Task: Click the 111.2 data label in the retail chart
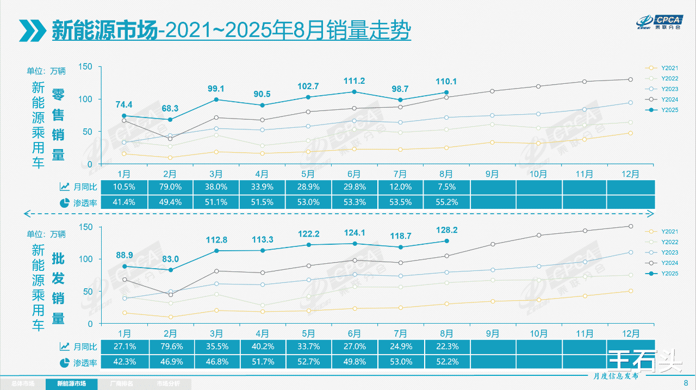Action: (354, 81)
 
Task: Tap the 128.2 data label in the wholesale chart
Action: (446, 230)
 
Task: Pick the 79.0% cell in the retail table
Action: (170, 187)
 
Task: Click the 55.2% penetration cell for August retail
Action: (446, 202)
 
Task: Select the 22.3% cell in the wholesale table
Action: (446, 346)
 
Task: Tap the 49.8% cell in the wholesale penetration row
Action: (354, 362)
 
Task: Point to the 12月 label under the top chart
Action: (631, 174)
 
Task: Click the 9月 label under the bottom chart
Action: (492, 333)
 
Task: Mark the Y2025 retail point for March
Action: (216, 100)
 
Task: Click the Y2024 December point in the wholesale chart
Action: (630, 226)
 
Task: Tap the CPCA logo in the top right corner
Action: (660, 22)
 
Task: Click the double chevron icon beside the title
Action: (32, 30)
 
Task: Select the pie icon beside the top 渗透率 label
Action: (64, 202)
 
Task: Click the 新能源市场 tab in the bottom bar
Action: (72, 384)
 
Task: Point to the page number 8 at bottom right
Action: (686, 383)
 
